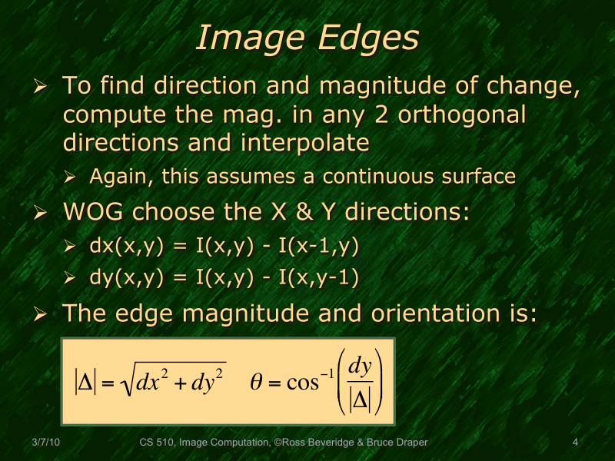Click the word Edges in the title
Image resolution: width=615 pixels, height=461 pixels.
coord(368,38)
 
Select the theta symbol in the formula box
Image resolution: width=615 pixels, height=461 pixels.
coord(257,381)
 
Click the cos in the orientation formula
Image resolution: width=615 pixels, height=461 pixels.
coord(302,382)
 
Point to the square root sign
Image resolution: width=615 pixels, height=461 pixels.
coord(128,382)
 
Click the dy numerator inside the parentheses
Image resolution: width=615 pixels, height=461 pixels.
coord(360,366)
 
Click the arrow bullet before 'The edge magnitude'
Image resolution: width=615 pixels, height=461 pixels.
coord(42,315)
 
